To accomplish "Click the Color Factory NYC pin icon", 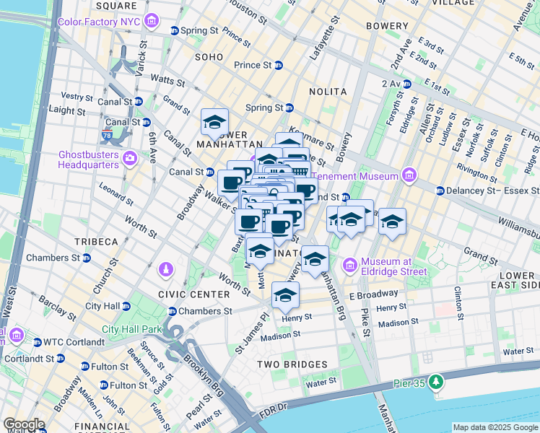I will [152, 21].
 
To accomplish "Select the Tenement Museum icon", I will [409, 175].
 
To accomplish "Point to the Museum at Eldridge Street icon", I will [352, 266].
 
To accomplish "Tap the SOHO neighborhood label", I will [209, 56].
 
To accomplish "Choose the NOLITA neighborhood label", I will [328, 92].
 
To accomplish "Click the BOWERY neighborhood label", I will [387, 26].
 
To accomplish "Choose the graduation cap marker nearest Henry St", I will [286, 295].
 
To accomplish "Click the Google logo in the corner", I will [24, 424].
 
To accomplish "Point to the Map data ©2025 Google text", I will [495, 427].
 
